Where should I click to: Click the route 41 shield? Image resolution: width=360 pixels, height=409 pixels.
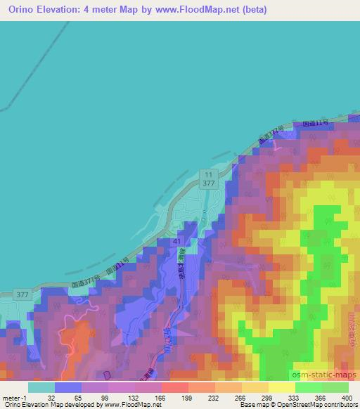[179, 240]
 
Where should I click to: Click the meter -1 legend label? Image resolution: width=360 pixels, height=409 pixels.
[15, 397]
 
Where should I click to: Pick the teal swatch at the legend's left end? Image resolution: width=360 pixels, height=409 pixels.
[41, 387]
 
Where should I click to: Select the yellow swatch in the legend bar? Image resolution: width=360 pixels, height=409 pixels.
[281, 387]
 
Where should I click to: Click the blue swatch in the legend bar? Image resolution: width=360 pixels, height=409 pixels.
[68, 387]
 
